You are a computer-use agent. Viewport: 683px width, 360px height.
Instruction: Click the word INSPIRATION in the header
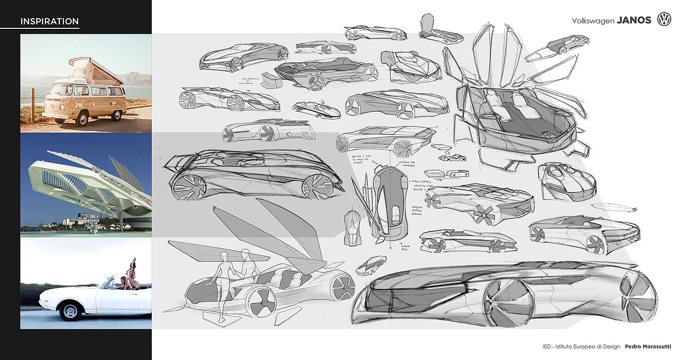point(49,21)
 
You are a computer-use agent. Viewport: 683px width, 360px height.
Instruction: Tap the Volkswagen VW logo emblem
point(664,20)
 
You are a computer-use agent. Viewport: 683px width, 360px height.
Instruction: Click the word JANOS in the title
point(634,20)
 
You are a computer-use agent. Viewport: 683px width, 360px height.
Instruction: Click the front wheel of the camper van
point(81,119)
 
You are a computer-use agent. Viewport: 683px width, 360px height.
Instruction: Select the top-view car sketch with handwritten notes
point(390,200)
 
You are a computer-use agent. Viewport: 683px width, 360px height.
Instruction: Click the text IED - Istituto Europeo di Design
point(581,346)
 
